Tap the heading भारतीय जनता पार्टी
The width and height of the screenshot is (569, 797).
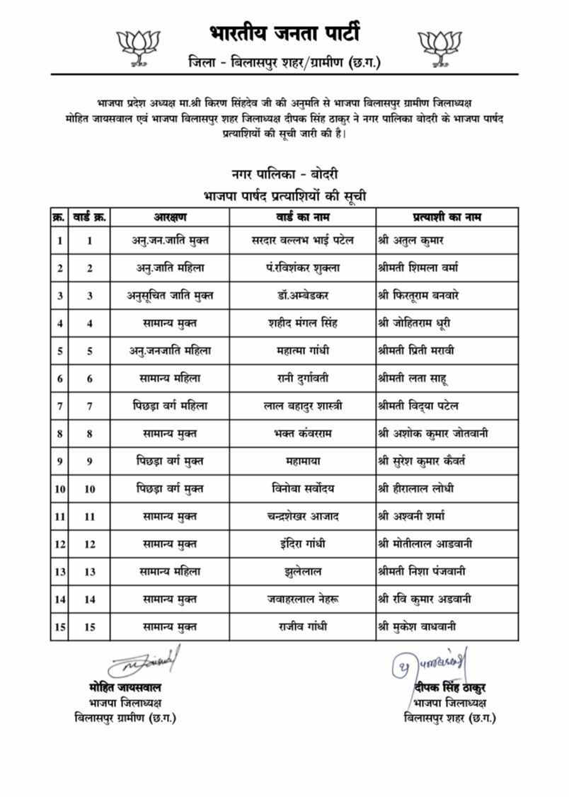284,33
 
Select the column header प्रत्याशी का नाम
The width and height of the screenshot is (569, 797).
447,217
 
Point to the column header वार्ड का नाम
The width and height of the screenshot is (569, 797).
302,217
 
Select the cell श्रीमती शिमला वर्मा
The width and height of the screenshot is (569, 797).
418,268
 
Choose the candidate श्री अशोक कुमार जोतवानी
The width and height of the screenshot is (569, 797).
432,433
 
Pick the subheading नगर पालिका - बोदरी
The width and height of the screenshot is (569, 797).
284,174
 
